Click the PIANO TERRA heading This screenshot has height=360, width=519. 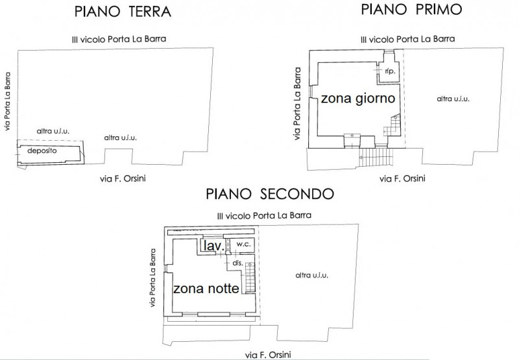point(123,12)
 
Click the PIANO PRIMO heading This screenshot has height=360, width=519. point(407,9)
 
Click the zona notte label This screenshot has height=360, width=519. point(206,288)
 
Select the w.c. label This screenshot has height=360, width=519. point(244,245)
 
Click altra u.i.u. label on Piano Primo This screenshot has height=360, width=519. point(453,99)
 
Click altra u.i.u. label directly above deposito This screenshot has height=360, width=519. point(53,132)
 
